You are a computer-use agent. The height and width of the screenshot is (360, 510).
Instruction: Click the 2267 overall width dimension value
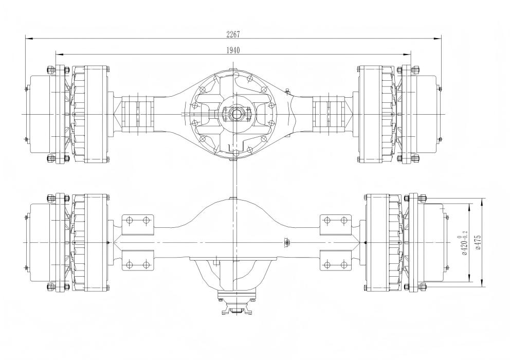[x=233, y=34]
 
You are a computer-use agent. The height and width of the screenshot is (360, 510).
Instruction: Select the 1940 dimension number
[x=233, y=50]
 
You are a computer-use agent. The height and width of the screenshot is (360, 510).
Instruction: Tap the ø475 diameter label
[x=478, y=242]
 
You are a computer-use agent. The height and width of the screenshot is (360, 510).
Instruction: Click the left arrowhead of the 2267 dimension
[x=27, y=38]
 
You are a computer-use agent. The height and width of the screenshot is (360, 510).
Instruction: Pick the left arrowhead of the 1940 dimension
[x=57, y=54]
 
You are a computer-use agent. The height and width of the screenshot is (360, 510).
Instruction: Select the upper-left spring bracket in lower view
[x=138, y=221]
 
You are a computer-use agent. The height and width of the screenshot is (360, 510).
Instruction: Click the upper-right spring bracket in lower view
[x=335, y=221]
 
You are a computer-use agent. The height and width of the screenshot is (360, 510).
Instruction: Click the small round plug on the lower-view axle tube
[x=287, y=241]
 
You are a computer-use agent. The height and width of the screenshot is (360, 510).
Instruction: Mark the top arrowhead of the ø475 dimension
[x=482, y=200]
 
